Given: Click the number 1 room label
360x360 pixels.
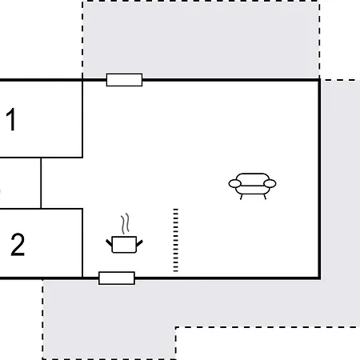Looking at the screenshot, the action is point(11,119).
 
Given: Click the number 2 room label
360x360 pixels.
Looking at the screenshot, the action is point(18,245).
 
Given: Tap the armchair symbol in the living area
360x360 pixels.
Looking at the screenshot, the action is point(252,186).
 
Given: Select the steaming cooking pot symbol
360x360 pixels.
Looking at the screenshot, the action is point(124,234).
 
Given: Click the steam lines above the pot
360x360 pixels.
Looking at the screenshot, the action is point(125,223).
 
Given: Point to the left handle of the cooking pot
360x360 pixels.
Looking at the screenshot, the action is point(109,243).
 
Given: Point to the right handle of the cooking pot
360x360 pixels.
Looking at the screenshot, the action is point(139,243).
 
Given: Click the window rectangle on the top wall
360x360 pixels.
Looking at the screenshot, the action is point(124,80).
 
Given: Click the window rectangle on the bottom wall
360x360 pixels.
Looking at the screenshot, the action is point(117,278).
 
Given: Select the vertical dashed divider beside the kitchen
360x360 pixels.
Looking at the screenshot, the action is point(175,240).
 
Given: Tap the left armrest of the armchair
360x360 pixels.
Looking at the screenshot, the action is point(235,183).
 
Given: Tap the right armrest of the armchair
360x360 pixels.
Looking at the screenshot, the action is point(270,183).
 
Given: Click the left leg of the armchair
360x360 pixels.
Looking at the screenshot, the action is point(241,197).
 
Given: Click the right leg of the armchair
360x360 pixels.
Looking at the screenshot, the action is point(265,197).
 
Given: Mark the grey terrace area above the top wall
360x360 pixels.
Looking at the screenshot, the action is point(201,39).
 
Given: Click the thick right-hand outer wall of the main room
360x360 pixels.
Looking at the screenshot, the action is point(319,179).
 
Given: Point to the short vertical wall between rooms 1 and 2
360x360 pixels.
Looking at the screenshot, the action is point(41,183).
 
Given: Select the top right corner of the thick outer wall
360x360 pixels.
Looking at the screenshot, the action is point(319,79).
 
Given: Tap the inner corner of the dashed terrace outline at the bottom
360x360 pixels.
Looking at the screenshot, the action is point(175,327).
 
